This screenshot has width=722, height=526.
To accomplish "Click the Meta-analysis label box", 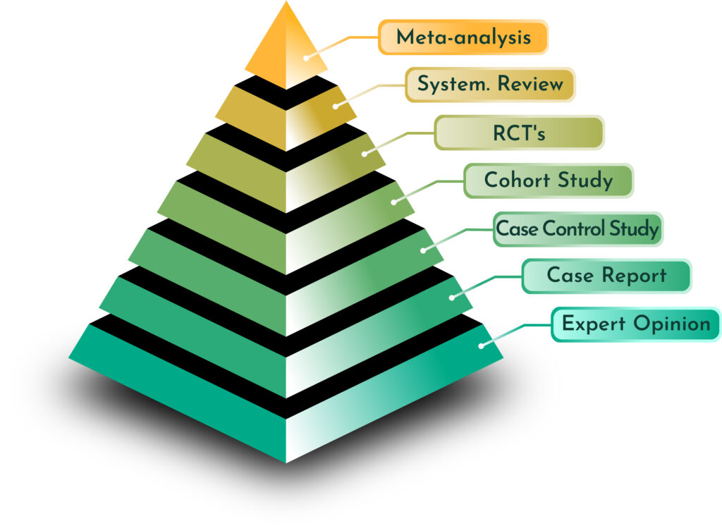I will [463, 37].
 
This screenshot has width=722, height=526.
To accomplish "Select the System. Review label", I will [490, 85].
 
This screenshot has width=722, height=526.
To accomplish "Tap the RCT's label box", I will [519, 133].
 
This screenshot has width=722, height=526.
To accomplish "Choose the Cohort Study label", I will [549, 181].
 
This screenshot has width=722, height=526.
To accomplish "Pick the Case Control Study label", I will [577, 229].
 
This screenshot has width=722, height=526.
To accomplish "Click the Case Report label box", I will [606, 276].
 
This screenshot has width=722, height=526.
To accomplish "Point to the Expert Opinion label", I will [635, 324].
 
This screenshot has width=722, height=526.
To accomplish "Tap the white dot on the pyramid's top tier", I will [306, 57].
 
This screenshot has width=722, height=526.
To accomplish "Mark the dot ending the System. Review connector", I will [335, 106].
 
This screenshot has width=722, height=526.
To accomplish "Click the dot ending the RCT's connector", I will [365, 154].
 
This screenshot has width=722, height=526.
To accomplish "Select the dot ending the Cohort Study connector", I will [393, 202].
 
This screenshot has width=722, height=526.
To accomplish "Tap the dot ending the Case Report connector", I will [452, 298].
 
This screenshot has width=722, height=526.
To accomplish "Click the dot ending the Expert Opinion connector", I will [481, 345].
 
